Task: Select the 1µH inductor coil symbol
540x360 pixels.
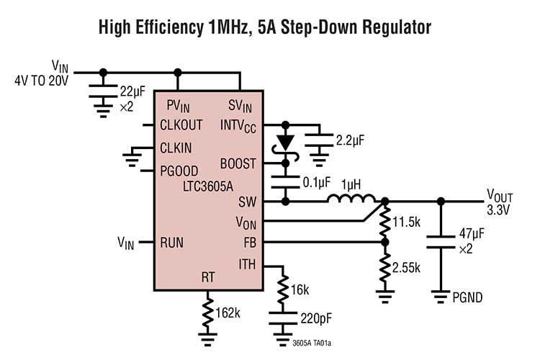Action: (351, 199)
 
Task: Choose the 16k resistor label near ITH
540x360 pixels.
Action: (300, 289)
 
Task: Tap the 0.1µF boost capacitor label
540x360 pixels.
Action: (315, 182)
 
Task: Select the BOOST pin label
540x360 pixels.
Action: (238, 163)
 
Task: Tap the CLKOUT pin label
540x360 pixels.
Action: (181, 125)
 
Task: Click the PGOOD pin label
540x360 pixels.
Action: (179, 171)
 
